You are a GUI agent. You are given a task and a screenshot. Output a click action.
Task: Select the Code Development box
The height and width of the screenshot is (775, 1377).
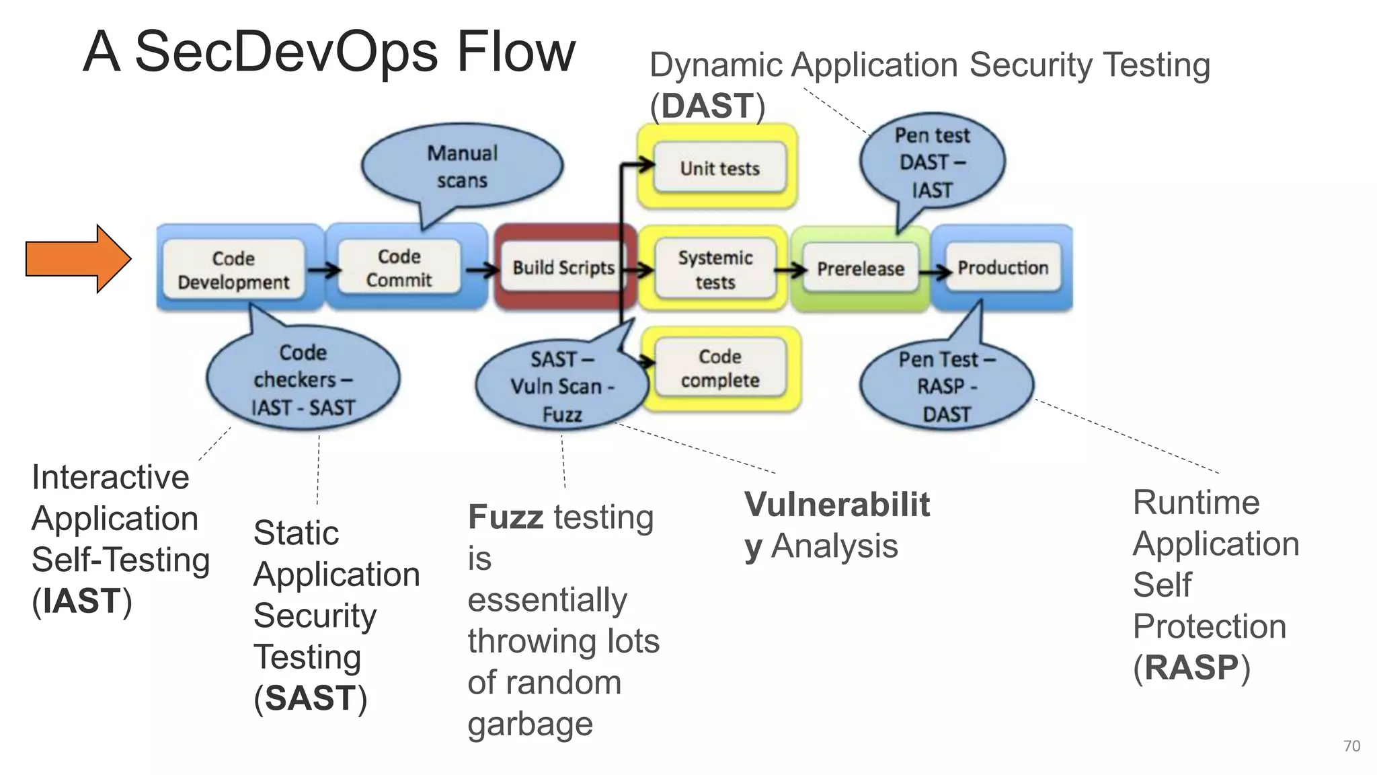(x=234, y=270)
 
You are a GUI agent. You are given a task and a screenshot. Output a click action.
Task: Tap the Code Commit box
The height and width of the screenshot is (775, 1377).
(x=399, y=268)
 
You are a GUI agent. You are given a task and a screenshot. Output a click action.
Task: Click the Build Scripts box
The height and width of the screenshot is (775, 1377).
(x=563, y=268)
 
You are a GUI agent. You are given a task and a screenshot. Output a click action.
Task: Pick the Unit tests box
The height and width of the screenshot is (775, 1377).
(x=719, y=168)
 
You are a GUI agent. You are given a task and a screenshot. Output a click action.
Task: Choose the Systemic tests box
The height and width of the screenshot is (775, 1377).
(x=715, y=269)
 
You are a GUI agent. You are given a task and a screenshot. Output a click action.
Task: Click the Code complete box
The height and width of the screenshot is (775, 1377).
(x=720, y=368)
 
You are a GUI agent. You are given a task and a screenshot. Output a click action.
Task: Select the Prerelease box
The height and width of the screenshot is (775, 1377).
(x=861, y=269)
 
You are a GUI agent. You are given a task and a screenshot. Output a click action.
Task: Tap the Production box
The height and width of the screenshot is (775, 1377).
(x=1002, y=268)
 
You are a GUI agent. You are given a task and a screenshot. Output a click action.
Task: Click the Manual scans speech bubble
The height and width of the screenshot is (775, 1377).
(x=462, y=166)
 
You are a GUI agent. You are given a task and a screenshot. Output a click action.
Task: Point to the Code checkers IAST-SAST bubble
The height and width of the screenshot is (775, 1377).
(x=303, y=380)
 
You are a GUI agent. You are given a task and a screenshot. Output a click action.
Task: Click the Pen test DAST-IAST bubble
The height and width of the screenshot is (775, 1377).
(x=932, y=162)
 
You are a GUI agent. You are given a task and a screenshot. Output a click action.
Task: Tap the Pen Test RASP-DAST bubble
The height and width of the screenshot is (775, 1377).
(x=946, y=387)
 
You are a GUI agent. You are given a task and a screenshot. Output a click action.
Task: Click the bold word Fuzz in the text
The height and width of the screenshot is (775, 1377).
(x=505, y=517)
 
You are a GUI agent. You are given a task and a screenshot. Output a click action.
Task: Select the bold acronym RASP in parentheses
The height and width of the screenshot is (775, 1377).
(x=1191, y=668)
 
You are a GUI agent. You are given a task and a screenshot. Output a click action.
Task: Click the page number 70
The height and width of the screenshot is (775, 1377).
(x=1351, y=746)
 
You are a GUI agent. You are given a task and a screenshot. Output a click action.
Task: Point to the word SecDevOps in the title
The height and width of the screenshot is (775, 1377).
(x=286, y=52)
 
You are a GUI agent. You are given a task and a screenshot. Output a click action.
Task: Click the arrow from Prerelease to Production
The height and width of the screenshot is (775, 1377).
(x=934, y=272)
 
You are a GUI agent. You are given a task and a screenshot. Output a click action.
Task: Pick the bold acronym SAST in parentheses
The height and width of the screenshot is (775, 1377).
(x=310, y=698)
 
